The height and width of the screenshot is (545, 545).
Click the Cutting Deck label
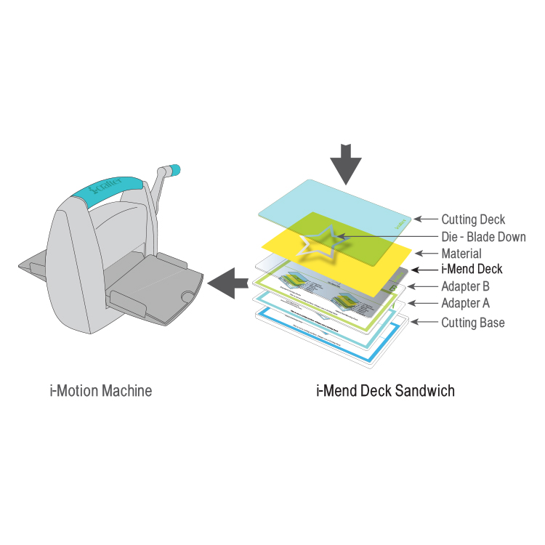point(472,219)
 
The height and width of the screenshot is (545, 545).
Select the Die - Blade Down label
point(483,236)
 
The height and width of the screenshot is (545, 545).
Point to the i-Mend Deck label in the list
point(472,270)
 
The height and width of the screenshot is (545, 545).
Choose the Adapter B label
point(465,286)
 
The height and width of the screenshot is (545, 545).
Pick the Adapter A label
point(465,303)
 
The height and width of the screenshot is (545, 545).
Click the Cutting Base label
point(472,322)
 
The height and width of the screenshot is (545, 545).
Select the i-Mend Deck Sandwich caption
point(385,391)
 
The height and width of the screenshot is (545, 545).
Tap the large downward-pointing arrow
point(346,163)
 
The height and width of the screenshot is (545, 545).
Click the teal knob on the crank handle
point(174,171)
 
